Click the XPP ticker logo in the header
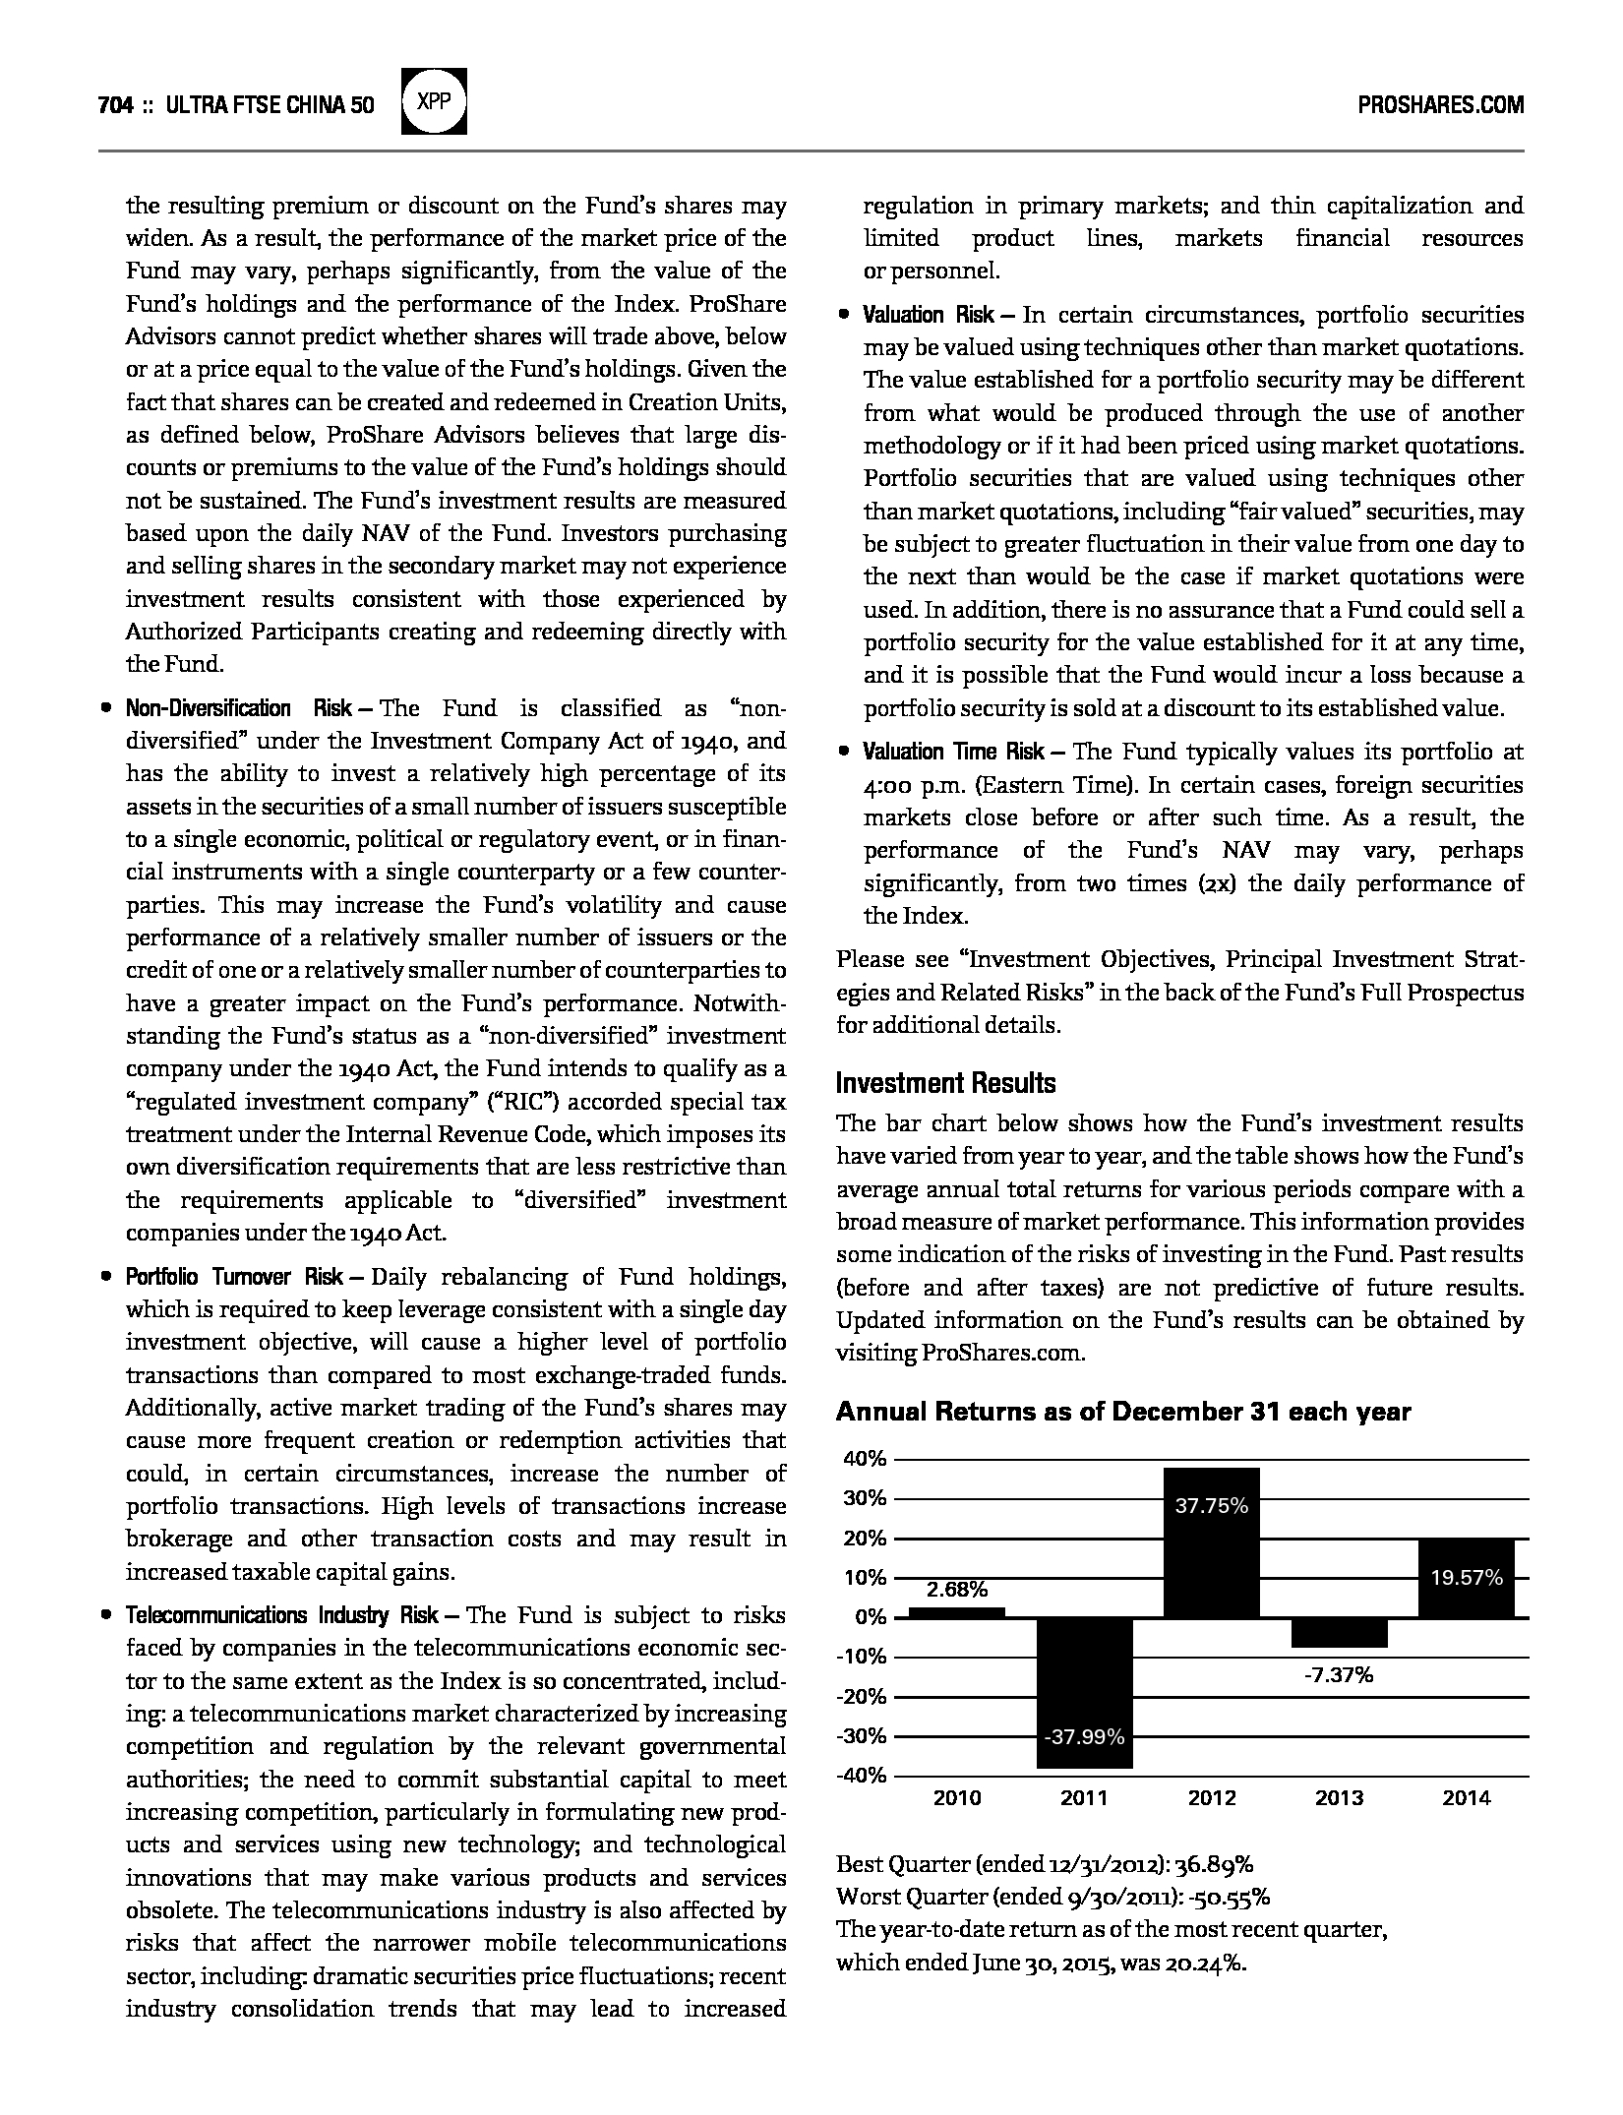[x=435, y=101]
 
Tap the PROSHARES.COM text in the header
[x=1440, y=105]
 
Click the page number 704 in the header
[x=115, y=105]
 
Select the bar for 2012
[x=1211, y=1542]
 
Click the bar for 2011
[x=1084, y=1692]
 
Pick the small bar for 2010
[x=956, y=1612]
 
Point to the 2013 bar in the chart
[x=1339, y=1632]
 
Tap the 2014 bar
[x=1466, y=1578]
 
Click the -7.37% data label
[x=1338, y=1674]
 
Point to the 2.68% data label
[x=957, y=1590]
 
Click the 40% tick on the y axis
[x=865, y=1459]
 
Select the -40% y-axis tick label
[x=862, y=1776]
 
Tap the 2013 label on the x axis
[x=1339, y=1798]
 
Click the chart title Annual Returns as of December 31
[x=1122, y=1413]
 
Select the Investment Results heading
[x=945, y=1083]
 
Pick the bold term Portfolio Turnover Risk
[x=234, y=1277]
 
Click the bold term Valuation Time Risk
[x=953, y=752]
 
